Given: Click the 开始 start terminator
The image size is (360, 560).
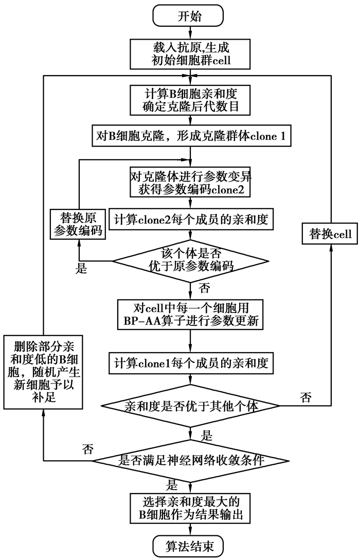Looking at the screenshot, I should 190,15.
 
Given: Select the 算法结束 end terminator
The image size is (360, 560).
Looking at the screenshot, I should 190,545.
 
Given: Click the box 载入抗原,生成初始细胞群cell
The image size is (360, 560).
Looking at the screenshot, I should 190,54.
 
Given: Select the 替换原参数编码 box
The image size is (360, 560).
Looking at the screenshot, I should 78,223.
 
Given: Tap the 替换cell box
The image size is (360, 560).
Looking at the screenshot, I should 330,234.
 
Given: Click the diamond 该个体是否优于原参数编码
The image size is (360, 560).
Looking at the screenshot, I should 190,259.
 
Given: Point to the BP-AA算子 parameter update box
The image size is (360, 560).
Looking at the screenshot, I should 190,313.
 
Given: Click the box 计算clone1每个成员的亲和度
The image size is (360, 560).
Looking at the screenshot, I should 190,363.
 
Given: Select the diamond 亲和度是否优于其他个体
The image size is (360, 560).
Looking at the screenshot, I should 190,406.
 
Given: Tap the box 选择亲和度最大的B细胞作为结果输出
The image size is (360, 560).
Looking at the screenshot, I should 190,507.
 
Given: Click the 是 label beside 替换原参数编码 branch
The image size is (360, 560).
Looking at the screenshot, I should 81,269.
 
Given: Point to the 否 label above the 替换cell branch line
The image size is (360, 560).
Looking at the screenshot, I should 305,397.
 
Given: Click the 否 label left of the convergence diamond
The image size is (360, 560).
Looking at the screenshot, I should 87,449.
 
